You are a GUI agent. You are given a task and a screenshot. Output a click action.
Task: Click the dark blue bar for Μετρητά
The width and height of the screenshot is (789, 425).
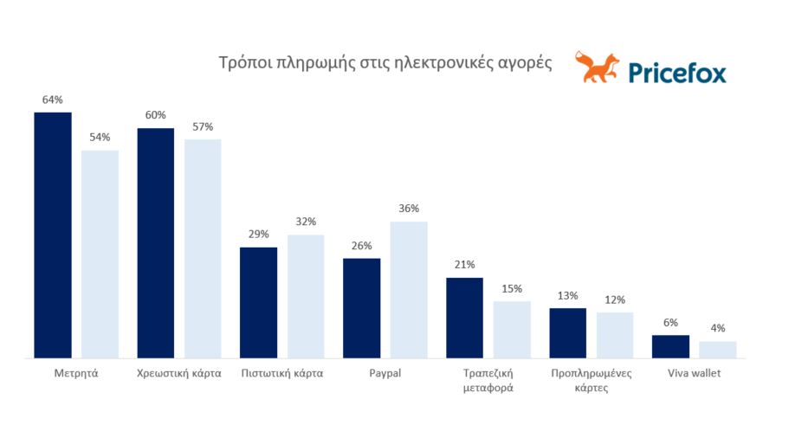pyautogui.click(x=53, y=235)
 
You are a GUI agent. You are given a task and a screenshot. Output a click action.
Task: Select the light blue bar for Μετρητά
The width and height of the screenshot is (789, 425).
pyautogui.click(x=100, y=254)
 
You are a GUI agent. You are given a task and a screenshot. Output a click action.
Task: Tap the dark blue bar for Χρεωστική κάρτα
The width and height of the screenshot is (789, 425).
pyautogui.click(x=156, y=242)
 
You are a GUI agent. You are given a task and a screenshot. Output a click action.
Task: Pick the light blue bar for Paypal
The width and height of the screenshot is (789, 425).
pyautogui.click(x=409, y=289)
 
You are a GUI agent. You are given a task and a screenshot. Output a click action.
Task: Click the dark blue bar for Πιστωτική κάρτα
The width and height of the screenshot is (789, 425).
pyautogui.click(x=258, y=302)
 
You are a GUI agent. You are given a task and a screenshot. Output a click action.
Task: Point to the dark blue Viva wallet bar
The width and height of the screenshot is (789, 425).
pyautogui.click(x=670, y=346)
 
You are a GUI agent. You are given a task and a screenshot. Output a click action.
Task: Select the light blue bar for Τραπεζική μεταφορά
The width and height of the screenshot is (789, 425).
pyautogui.click(x=512, y=329)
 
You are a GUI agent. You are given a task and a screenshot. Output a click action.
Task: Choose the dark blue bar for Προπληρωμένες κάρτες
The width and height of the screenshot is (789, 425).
pyautogui.click(x=567, y=332)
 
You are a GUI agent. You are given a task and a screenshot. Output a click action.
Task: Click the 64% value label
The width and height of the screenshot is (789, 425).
pyautogui.click(x=52, y=100)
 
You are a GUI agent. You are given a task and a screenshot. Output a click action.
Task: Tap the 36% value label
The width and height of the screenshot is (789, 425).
pyautogui.click(x=409, y=209)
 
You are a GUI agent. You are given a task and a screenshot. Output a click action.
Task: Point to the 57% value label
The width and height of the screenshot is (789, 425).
pyautogui.click(x=203, y=126)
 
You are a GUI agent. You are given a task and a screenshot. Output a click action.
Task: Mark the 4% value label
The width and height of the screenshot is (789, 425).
pyautogui.click(x=718, y=328)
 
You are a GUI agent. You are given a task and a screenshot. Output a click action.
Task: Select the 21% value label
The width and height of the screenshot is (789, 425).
pyautogui.click(x=464, y=265)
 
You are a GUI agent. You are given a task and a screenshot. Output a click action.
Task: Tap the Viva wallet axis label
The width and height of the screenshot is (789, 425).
pyautogui.click(x=695, y=374)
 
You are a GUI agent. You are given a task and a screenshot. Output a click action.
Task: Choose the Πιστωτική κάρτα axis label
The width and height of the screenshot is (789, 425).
pyautogui.click(x=281, y=374)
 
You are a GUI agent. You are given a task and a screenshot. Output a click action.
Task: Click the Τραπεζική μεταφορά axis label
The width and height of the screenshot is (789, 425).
pyautogui.click(x=488, y=381)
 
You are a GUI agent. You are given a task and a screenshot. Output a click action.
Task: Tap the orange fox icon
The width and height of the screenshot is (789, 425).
pyautogui.click(x=597, y=68)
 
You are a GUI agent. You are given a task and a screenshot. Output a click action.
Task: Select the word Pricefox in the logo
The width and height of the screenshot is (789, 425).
pyautogui.click(x=678, y=72)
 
